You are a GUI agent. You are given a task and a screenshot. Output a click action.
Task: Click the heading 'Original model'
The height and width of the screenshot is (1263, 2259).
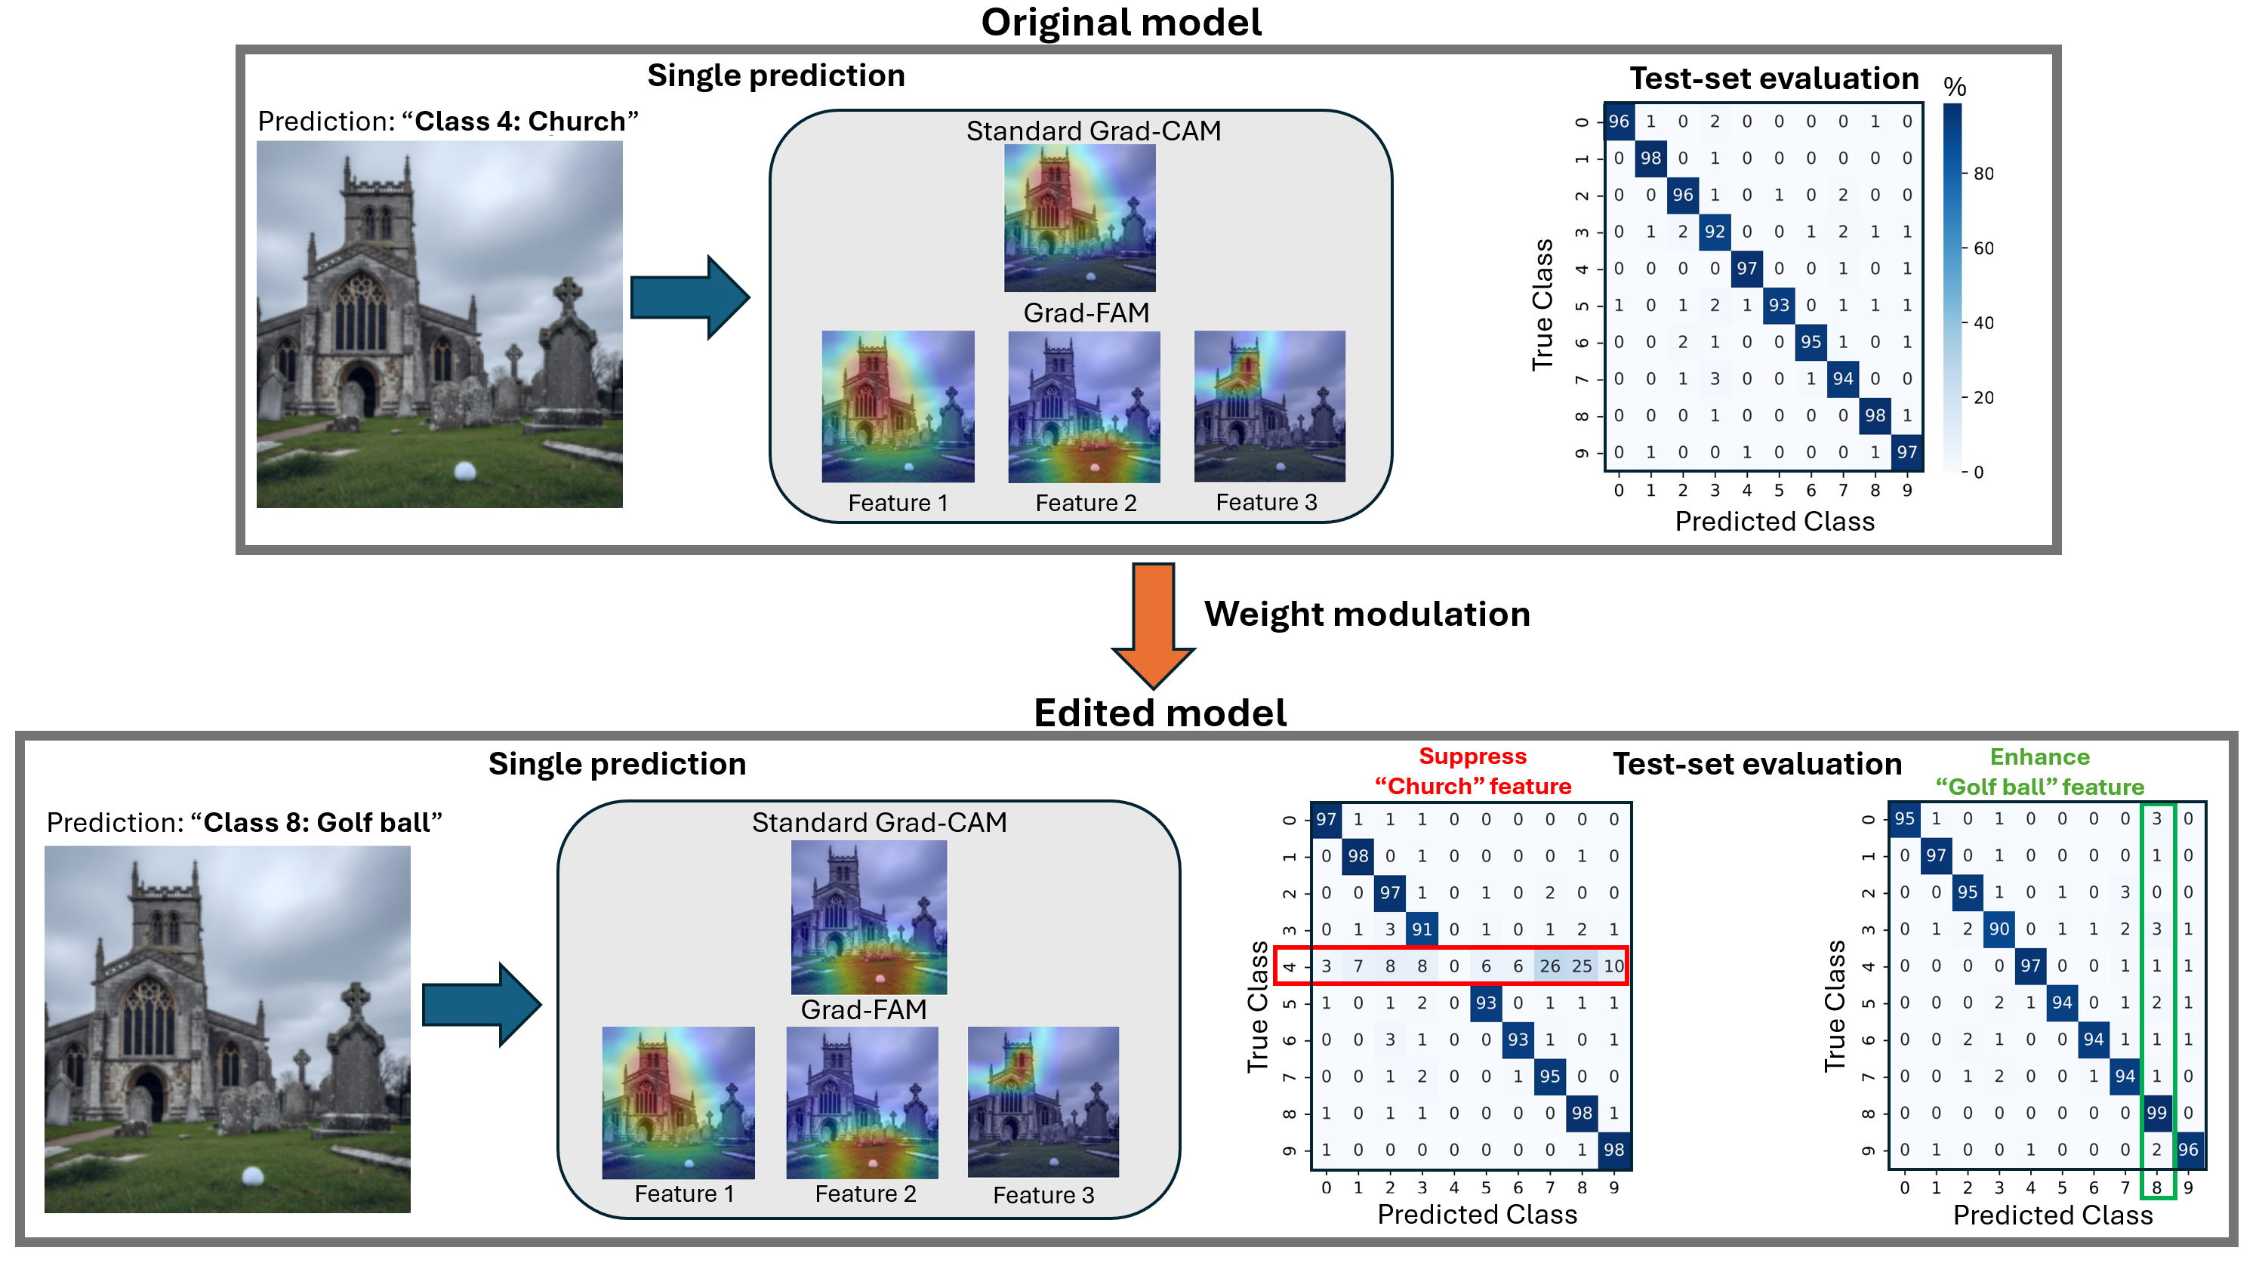[x=1120, y=22]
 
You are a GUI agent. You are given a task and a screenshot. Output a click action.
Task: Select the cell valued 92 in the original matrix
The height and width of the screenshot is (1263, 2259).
[x=1715, y=232]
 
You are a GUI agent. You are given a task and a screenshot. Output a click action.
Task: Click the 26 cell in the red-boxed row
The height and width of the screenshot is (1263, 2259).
[x=1549, y=966]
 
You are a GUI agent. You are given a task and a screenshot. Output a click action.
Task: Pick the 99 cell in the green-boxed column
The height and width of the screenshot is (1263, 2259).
[x=2156, y=1112]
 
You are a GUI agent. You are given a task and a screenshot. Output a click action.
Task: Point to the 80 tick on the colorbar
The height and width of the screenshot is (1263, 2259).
[x=1983, y=174]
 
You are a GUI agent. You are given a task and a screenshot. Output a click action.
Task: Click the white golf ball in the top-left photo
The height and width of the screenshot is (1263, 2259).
[x=465, y=472]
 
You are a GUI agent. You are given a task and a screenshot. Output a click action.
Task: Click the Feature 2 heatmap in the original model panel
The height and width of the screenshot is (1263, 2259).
[x=1084, y=407]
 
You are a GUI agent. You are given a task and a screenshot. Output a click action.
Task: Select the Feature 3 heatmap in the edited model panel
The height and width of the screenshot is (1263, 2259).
[x=1043, y=1101]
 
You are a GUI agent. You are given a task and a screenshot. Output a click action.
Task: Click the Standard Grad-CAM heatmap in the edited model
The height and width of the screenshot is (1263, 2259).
[x=868, y=917]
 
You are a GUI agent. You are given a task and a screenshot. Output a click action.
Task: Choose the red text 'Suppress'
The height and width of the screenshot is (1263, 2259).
[x=1472, y=756]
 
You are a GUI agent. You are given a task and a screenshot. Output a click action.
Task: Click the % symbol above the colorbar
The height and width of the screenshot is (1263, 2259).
[x=1955, y=87]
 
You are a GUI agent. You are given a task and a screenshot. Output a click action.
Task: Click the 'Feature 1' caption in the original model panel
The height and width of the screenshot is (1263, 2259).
[x=897, y=503]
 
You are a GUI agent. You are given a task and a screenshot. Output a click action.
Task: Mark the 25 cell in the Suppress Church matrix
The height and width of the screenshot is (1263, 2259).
[x=1581, y=966]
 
